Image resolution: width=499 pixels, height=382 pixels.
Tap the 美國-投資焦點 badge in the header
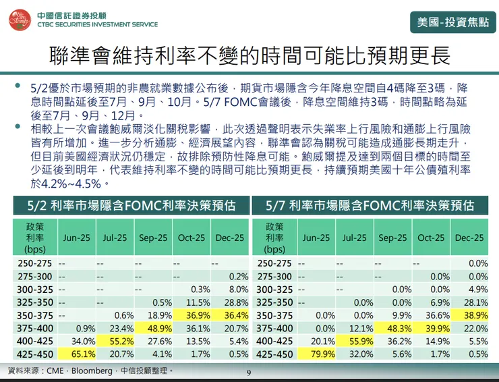451,22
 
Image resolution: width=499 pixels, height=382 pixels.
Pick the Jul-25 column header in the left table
115,238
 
